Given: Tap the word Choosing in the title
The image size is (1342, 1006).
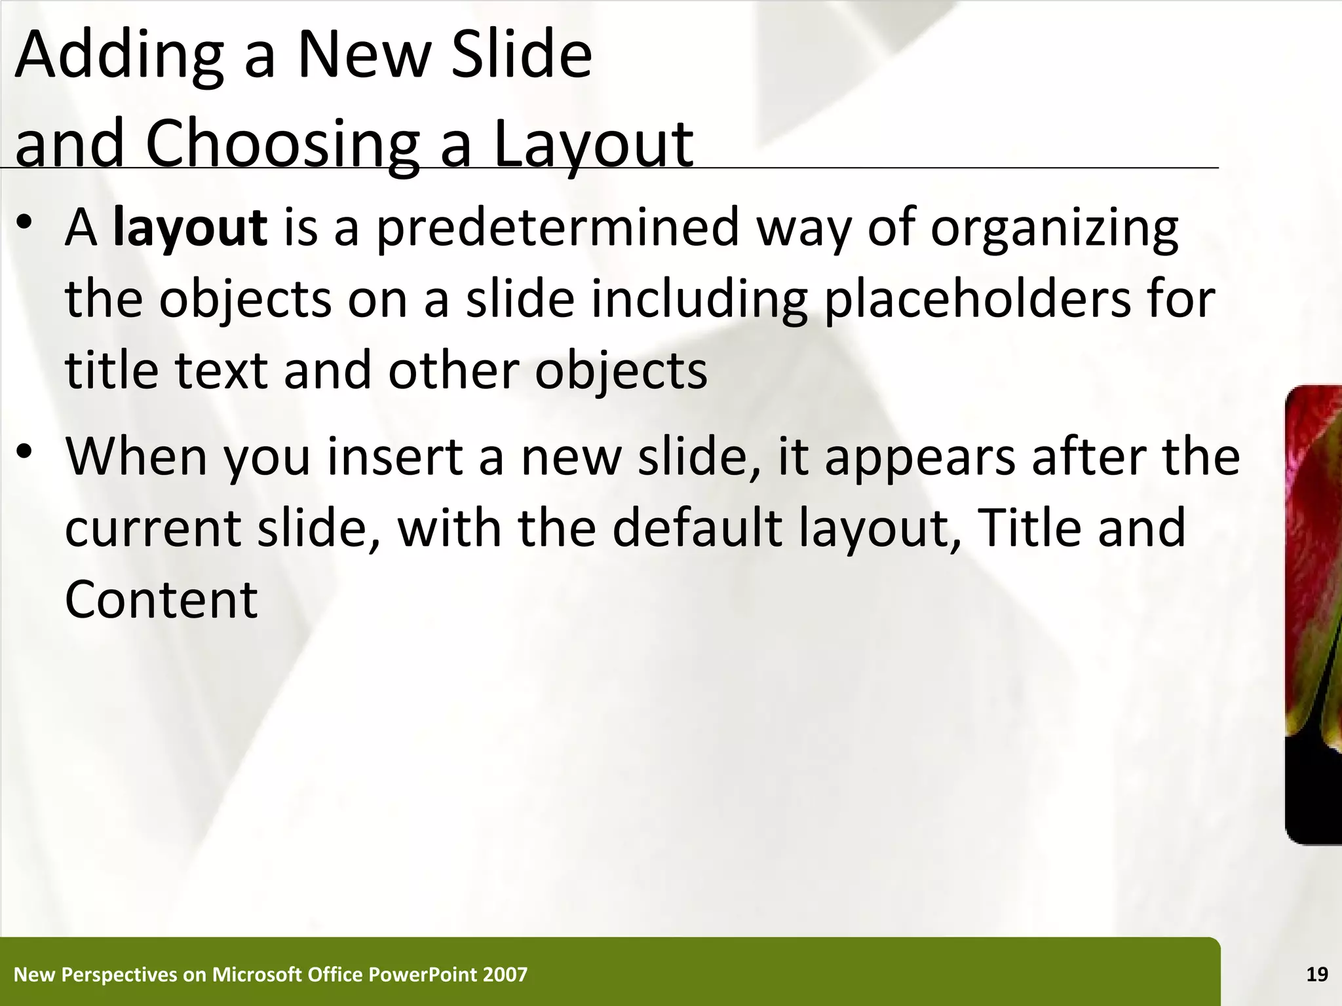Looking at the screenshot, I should [282, 145].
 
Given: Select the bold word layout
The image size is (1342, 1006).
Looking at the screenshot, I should [190, 228].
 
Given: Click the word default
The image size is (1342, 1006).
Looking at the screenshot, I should [697, 528].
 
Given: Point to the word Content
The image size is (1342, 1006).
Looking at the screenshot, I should [161, 600].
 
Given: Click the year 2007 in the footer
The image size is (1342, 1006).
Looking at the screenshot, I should [505, 975].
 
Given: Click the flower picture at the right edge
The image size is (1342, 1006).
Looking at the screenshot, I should [1314, 616].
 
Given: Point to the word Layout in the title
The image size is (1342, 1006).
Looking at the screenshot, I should [592, 145].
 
